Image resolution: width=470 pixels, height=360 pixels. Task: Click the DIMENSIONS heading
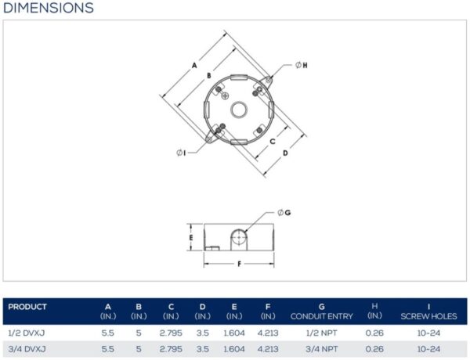point(49,8)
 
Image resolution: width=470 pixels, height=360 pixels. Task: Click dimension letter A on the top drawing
point(194,65)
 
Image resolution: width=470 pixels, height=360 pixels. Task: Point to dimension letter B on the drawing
point(209,75)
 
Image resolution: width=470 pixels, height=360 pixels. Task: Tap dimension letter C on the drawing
point(273,141)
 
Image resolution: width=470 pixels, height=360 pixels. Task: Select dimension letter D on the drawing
point(285,153)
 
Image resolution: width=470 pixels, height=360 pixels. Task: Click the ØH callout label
point(302,65)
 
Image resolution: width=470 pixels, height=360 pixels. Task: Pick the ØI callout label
point(181,153)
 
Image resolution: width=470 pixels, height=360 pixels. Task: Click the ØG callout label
point(284,213)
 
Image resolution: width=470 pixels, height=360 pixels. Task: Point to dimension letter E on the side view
point(191,238)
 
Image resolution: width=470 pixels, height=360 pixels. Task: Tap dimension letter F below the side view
point(239,264)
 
